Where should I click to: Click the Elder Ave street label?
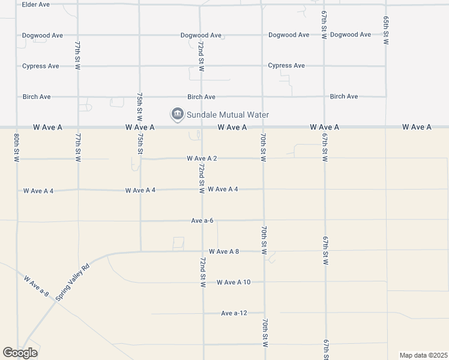pos(35,4)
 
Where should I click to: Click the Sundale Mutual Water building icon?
pos(177,114)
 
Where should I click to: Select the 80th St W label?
pos(16,148)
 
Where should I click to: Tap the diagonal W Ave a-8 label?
pos(36,286)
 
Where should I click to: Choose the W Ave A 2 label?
pos(202,158)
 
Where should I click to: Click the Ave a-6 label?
pos(202,220)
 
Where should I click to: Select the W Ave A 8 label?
pos(224,251)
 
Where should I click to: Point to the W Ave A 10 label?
pos(234,282)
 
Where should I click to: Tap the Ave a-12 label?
pos(234,313)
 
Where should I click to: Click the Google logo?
pos(20,353)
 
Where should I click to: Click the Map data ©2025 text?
pos(423,355)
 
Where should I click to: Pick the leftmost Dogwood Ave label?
pos(42,35)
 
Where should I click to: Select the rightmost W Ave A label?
pos(417,127)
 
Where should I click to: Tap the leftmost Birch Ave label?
pos(37,97)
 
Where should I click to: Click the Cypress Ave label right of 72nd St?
pos(286,65)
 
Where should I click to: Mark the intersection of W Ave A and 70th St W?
pos(263,127)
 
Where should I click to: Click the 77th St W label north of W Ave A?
pos(77,55)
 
